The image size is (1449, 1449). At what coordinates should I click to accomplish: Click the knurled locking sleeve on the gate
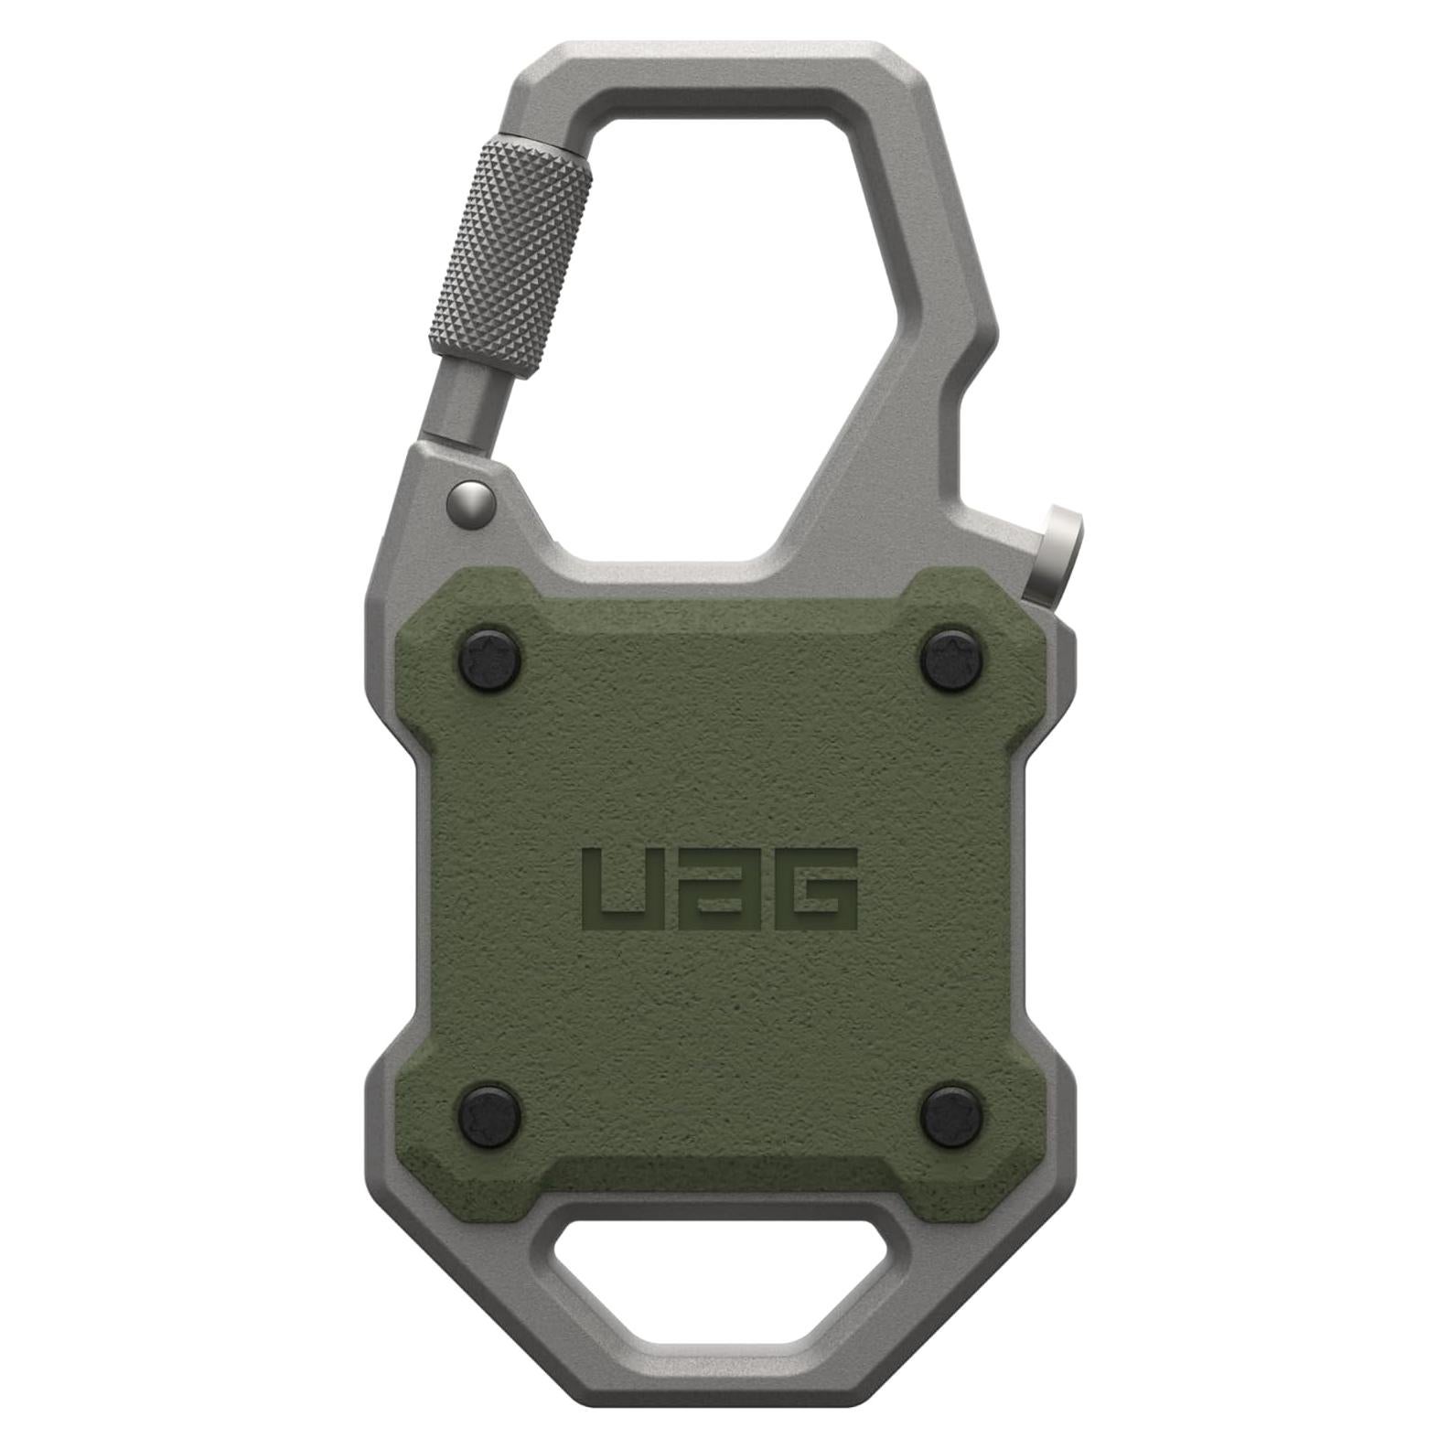point(509,254)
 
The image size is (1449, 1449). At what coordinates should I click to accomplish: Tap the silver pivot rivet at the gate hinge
point(472,500)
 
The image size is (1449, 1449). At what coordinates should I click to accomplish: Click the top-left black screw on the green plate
point(488,655)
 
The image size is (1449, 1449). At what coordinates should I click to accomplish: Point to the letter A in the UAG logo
point(717,886)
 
